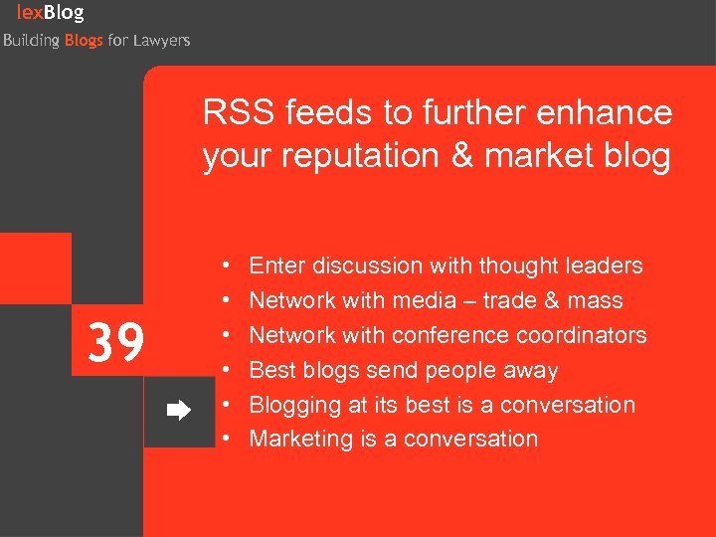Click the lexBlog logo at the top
(50, 13)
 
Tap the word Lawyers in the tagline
(162, 41)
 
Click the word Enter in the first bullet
(277, 266)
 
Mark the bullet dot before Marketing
(228, 439)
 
